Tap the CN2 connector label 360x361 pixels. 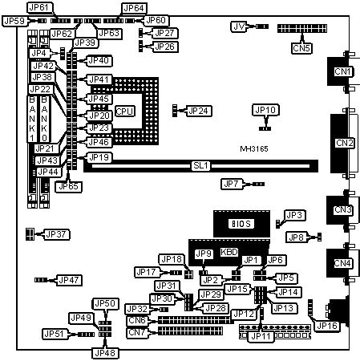pos(344,143)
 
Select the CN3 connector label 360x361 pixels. pos(344,210)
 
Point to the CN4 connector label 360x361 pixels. pos(344,263)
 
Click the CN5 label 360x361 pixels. pos(301,47)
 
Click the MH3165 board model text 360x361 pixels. pos(256,149)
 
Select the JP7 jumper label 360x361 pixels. pos(232,185)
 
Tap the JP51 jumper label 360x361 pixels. pos(55,333)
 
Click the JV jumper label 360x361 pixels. pos(237,26)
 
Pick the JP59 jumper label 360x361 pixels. pos(14,21)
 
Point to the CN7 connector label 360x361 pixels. pos(138,332)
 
